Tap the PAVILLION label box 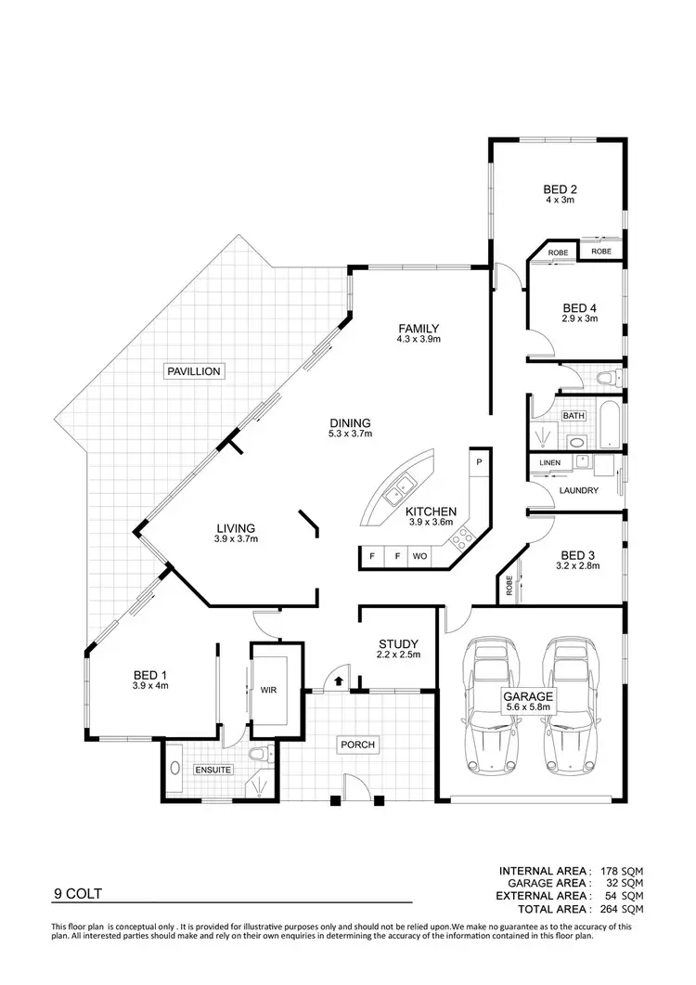coord(193,371)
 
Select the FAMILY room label coord(419,328)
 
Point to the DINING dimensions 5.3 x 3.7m coord(350,434)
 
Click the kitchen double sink coord(402,484)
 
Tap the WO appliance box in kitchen coord(419,557)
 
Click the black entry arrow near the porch coord(338,681)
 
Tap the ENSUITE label coord(213,770)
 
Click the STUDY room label coord(398,643)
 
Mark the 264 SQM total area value coord(620,909)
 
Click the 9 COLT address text coord(77,895)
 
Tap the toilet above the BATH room coord(607,377)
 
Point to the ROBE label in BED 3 coord(509,586)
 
